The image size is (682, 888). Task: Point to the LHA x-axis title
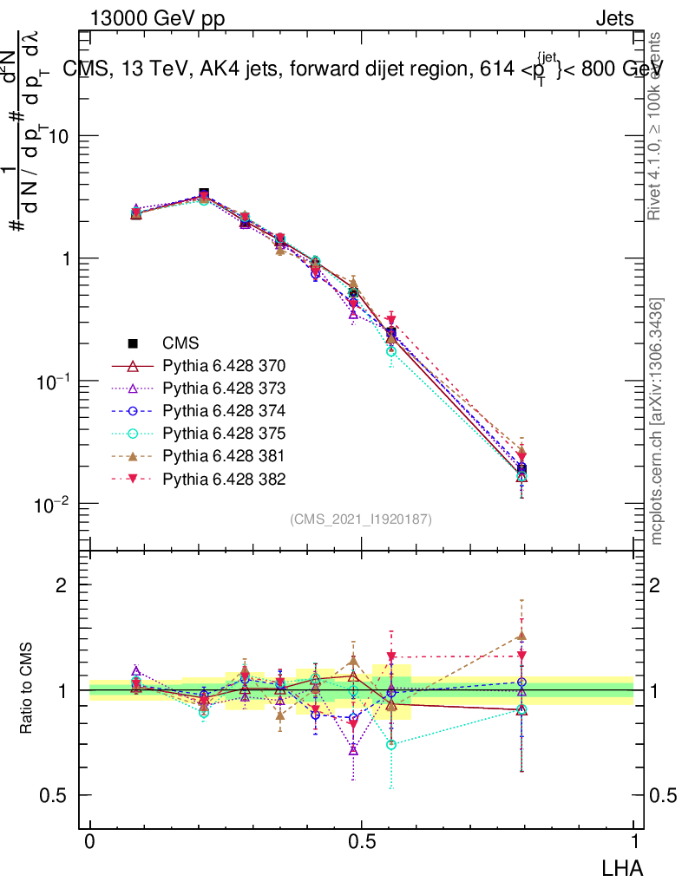pos(621,867)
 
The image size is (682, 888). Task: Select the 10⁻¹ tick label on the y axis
pos(54,382)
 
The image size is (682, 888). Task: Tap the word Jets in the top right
pos(614,19)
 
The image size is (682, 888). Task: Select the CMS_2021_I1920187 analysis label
pos(361,519)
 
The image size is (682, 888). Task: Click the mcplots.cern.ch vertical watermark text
pos(657,422)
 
